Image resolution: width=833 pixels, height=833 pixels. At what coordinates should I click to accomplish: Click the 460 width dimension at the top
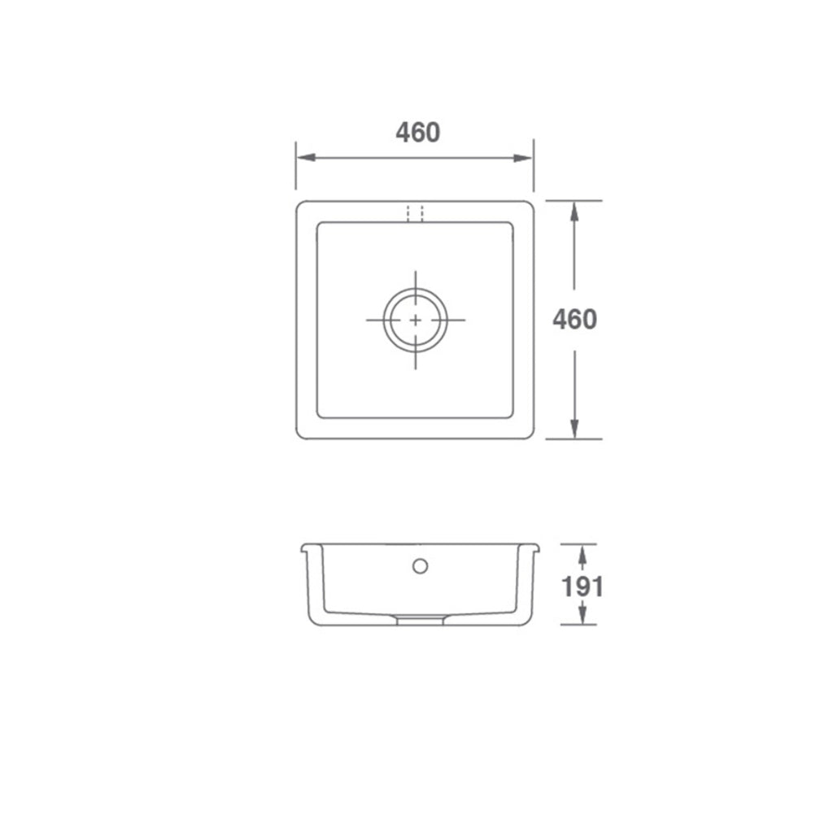418,133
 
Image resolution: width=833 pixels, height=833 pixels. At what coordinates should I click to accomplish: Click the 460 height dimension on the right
574,320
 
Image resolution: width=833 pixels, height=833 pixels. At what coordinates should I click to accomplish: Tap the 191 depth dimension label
582,586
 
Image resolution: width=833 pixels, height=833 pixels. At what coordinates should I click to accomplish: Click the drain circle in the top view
415,320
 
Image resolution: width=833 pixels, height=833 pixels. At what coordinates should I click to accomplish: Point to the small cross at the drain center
415,320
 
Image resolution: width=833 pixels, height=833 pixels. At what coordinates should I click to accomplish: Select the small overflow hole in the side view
420,565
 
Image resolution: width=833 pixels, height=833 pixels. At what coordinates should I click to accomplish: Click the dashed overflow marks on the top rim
415,212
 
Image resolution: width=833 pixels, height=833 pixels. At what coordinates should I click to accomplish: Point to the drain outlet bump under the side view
420,621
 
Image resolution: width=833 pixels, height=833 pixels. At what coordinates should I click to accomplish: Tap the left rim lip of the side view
307,548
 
